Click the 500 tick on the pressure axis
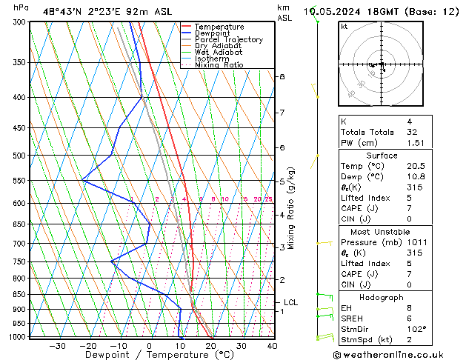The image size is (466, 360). [x=19, y=156]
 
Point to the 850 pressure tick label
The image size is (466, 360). [x=19, y=294]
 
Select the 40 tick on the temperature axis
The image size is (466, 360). [x=272, y=345]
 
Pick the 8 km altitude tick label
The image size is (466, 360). [x=282, y=77]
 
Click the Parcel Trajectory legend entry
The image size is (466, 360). [x=228, y=39]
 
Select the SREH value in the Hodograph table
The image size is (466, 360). [x=410, y=318]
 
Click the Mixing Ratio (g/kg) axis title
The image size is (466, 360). [x=291, y=208]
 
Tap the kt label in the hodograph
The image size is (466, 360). [x=344, y=26]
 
